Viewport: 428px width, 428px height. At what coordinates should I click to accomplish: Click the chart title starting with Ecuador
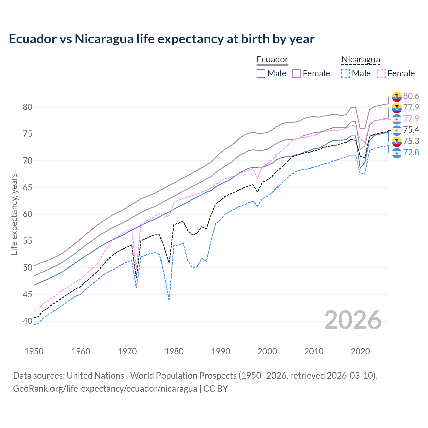click(162, 39)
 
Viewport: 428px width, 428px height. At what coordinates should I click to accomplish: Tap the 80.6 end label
click(411, 96)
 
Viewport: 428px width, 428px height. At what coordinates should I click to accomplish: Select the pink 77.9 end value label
click(411, 119)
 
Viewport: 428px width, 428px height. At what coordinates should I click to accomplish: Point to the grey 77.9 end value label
click(411, 107)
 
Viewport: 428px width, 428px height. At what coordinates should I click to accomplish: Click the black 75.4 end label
click(411, 130)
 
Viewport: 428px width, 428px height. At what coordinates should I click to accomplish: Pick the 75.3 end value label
click(411, 141)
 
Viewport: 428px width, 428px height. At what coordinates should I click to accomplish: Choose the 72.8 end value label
click(411, 152)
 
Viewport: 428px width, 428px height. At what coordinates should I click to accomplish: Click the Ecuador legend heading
click(272, 60)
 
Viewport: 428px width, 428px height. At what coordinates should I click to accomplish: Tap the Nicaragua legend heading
click(360, 60)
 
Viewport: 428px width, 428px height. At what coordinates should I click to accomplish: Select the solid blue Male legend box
click(261, 73)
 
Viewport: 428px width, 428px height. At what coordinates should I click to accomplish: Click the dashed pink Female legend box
click(382, 73)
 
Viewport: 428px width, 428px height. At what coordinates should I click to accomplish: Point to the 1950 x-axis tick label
click(34, 351)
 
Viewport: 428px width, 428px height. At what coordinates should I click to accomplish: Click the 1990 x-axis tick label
click(221, 351)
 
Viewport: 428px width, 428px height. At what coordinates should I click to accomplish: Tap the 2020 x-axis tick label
click(360, 351)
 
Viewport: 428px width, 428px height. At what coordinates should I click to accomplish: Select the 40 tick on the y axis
click(28, 321)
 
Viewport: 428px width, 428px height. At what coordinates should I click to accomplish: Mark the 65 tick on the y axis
click(28, 188)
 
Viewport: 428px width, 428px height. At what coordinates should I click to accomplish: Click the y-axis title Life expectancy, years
click(14, 214)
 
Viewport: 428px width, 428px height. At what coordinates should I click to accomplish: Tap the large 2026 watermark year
click(353, 320)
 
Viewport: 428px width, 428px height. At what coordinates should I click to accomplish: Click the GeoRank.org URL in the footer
click(105, 389)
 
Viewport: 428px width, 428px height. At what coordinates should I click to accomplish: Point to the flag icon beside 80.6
click(397, 96)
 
